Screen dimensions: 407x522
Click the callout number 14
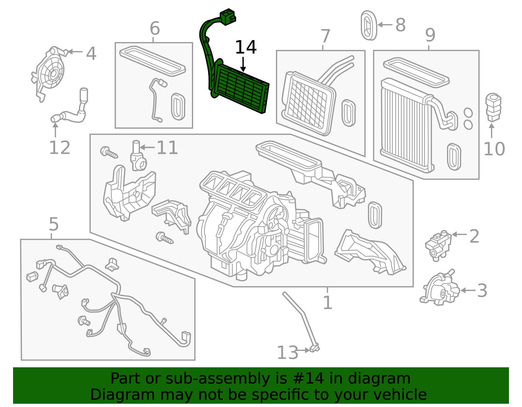pyautogui.click(x=246, y=48)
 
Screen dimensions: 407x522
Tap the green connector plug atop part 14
pyautogui.click(x=228, y=17)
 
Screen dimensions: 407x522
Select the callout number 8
pyautogui.click(x=400, y=25)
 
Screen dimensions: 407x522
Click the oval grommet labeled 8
pyautogui.click(x=369, y=25)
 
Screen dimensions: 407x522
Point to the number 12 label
pyautogui.click(x=59, y=148)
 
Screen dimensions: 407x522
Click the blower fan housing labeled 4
pyautogui.click(x=50, y=73)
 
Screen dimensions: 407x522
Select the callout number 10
pyautogui.click(x=494, y=149)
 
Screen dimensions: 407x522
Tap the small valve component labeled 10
pyautogui.click(x=493, y=107)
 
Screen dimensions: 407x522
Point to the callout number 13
pyautogui.click(x=287, y=353)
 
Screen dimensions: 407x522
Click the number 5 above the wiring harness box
pyautogui.click(x=54, y=224)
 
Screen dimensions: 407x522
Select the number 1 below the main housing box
pyautogui.click(x=327, y=302)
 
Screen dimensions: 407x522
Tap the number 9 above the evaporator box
pyautogui.click(x=430, y=35)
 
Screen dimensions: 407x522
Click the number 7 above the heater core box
pyautogui.click(x=325, y=36)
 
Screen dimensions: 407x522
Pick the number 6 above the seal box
pyautogui.click(x=155, y=28)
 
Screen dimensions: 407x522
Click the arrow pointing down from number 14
pyautogui.click(x=243, y=64)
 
